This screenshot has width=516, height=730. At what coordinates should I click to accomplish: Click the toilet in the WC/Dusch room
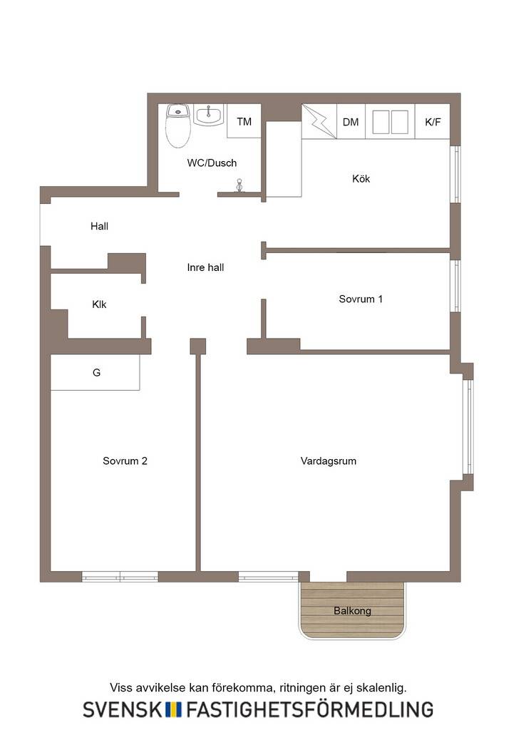[178, 125]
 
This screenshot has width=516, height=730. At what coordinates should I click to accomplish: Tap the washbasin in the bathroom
[208, 115]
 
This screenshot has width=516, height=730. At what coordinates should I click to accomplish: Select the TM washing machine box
[244, 121]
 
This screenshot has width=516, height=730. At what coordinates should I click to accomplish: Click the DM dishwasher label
[351, 122]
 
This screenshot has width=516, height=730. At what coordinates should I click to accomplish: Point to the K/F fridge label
[433, 122]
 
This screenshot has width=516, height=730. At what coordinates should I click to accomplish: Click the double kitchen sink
[391, 122]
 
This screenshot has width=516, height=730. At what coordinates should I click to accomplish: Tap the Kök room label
[361, 178]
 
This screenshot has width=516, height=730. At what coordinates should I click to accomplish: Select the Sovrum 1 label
[361, 299]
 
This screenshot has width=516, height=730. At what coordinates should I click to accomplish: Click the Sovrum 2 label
[125, 461]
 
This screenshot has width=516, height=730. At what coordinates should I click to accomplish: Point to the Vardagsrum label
[329, 461]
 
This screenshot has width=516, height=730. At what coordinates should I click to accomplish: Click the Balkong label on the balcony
[352, 610]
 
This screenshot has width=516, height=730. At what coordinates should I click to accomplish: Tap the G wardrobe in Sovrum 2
[95, 372]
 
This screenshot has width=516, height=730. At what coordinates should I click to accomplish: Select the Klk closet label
[99, 304]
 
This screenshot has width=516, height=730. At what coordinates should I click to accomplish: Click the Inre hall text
[205, 267]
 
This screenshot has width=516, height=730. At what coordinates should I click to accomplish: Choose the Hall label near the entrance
[99, 226]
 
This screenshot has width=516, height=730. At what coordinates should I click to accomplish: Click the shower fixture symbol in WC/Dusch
[239, 185]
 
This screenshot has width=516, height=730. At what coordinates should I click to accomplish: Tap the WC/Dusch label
[212, 163]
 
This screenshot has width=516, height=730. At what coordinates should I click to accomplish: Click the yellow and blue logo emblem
[173, 709]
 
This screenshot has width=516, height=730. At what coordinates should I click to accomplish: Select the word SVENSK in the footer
[123, 709]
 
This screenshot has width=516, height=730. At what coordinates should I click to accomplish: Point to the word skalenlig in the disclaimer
[385, 688]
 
